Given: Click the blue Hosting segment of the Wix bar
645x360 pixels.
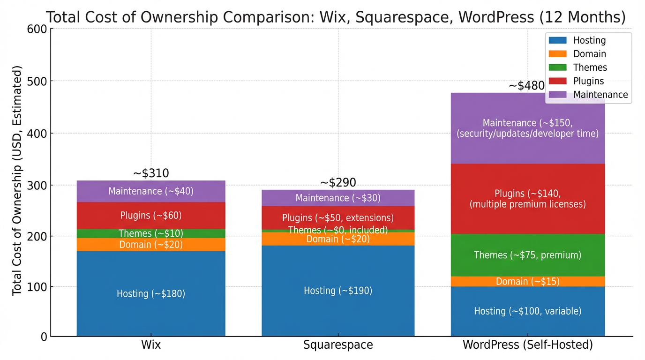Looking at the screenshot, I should (151, 294).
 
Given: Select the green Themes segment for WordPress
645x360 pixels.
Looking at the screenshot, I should (527, 255).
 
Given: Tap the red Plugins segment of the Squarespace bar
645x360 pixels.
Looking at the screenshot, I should (337, 218).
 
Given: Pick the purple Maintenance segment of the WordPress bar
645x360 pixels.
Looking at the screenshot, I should (527, 128).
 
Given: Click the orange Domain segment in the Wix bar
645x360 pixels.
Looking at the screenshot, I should (151, 245).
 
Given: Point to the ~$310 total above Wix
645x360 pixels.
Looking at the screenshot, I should (151, 173).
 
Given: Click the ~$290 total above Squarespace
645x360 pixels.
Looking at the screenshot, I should (338, 182).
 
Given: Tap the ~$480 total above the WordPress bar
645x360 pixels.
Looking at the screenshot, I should (526, 86).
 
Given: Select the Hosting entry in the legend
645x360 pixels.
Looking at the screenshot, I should (589, 41).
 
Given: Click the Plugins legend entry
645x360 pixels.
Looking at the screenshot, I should (588, 81).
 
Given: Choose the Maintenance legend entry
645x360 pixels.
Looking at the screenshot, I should (600, 95).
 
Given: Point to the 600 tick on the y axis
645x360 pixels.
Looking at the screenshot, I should (37, 29).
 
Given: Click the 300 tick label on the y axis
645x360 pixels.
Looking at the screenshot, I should (37, 186).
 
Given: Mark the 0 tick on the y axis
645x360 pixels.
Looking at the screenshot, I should (43, 337).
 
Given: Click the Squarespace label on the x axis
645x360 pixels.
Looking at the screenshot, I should (338, 345).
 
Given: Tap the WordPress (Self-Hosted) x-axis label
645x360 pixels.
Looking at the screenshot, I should (527, 345).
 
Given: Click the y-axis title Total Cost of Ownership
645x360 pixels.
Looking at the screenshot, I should (17, 180).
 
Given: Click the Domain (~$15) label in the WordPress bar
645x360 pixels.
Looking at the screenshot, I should (527, 281).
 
